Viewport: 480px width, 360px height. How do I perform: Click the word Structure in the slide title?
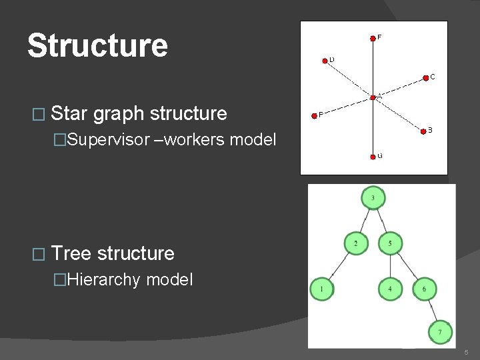(97, 46)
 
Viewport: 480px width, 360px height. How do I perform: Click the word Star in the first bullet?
(69, 113)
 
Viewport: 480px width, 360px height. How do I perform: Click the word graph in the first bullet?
(119, 114)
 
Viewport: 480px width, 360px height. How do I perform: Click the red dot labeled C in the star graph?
(427, 77)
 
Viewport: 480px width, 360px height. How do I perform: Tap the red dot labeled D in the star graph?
(324, 60)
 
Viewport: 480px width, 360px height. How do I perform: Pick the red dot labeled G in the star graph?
(373, 157)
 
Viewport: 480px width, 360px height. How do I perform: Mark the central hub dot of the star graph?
(373, 99)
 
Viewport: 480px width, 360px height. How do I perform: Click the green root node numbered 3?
(373, 198)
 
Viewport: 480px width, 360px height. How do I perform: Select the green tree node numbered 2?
(356, 243)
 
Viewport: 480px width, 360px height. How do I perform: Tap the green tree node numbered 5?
(390, 243)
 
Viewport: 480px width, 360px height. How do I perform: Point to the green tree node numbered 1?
(322, 289)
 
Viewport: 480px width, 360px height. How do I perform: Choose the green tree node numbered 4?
(390, 289)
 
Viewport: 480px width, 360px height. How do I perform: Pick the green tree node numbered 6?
(424, 289)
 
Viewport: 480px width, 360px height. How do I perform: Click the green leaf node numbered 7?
(439, 331)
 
